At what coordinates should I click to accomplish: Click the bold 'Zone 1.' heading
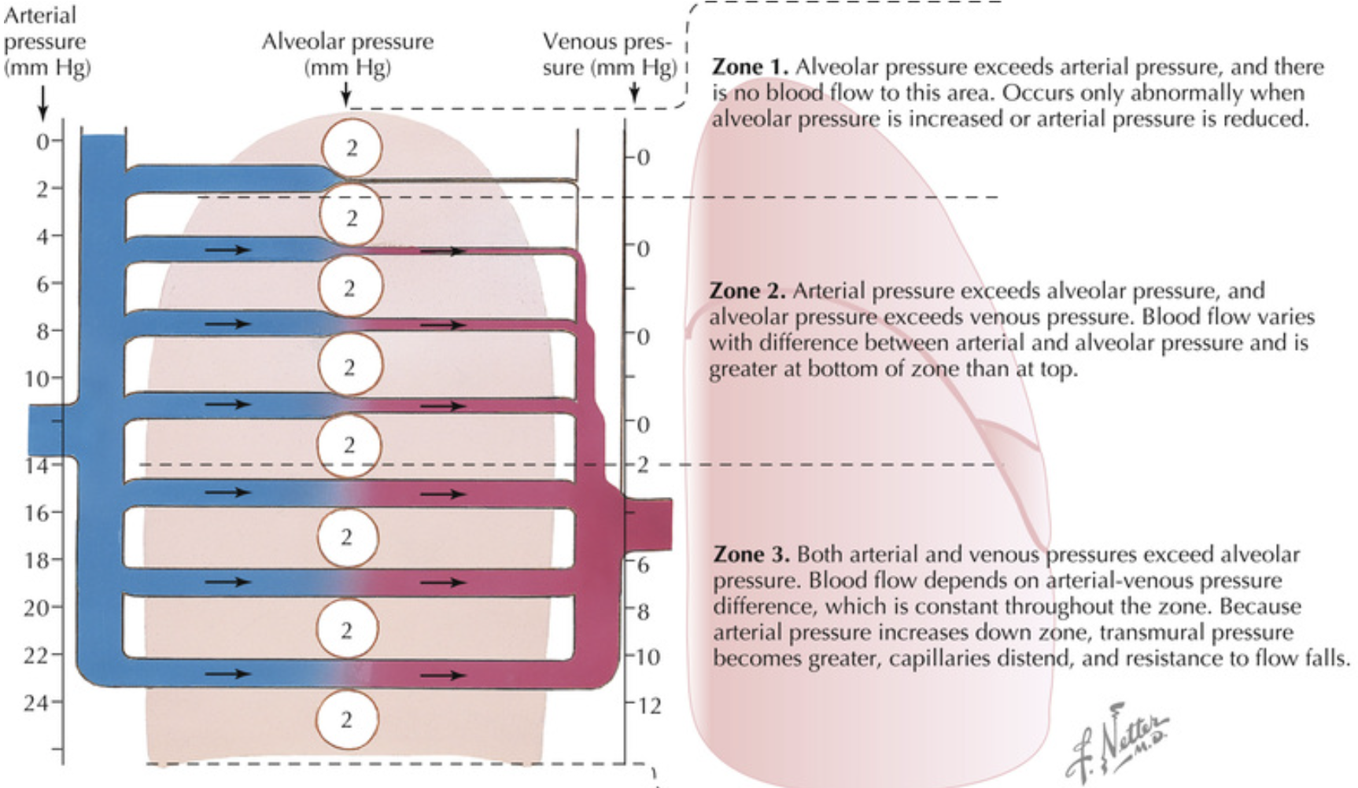point(750,67)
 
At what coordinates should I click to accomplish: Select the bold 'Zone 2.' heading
point(747,291)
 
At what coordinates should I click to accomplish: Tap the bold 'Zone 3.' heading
point(751,554)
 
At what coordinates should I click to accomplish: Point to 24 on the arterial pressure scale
point(36,702)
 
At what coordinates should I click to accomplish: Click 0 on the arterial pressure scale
point(42,142)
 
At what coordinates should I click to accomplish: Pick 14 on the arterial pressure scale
point(36,466)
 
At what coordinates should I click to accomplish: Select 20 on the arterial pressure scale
point(36,608)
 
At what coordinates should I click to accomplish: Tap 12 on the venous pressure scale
point(650,705)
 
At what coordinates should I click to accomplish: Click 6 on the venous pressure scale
point(643,565)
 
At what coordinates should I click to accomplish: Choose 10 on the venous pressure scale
point(648,657)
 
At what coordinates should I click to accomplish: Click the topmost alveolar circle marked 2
point(352,148)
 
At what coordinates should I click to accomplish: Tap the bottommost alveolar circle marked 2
point(346,720)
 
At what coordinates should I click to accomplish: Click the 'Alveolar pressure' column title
point(348,42)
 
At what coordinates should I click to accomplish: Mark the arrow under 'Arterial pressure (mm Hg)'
point(42,102)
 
